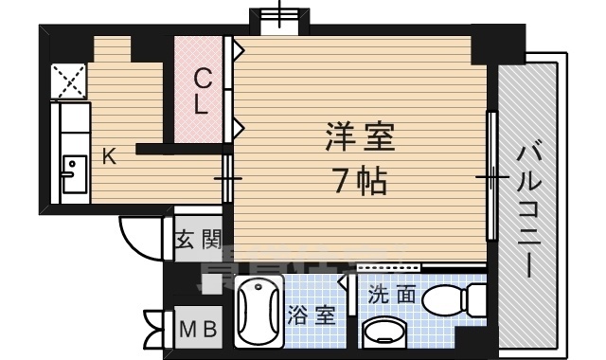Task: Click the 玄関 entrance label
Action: click(199, 240)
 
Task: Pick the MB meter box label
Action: click(199, 330)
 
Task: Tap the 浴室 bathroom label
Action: click(312, 315)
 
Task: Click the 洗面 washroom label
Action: click(391, 294)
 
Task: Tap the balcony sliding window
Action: click(491, 177)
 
